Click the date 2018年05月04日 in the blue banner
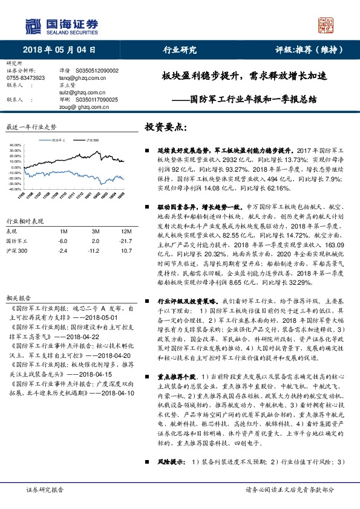[x=59, y=50]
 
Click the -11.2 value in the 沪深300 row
[x=93, y=250]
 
